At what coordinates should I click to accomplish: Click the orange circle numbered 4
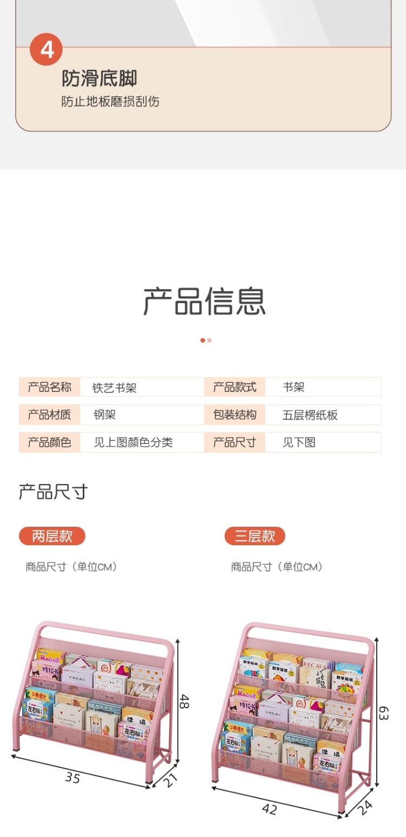[x=47, y=49]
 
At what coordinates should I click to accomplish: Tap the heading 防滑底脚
[x=99, y=79]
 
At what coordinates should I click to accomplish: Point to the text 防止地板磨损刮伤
[x=110, y=102]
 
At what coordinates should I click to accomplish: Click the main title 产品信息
[x=204, y=302]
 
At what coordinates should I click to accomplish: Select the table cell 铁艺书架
[x=114, y=388]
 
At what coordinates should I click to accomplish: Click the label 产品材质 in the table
[x=49, y=415]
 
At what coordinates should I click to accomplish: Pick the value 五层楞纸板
[x=310, y=415]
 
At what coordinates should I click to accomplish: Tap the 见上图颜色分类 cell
[x=133, y=442]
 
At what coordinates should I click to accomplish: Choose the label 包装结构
[x=234, y=415]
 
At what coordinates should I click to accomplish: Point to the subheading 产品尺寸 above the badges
[x=53, y=492]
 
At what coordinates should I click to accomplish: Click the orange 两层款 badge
[x=52, y=536]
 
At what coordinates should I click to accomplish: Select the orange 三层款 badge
[x=254, y=536]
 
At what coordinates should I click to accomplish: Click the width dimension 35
[x=73, y=777]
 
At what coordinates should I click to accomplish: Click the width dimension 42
[x=269, y=809]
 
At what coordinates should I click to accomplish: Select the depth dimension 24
[x=366, y=807]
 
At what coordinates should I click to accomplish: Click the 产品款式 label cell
[x=234, y=387]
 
